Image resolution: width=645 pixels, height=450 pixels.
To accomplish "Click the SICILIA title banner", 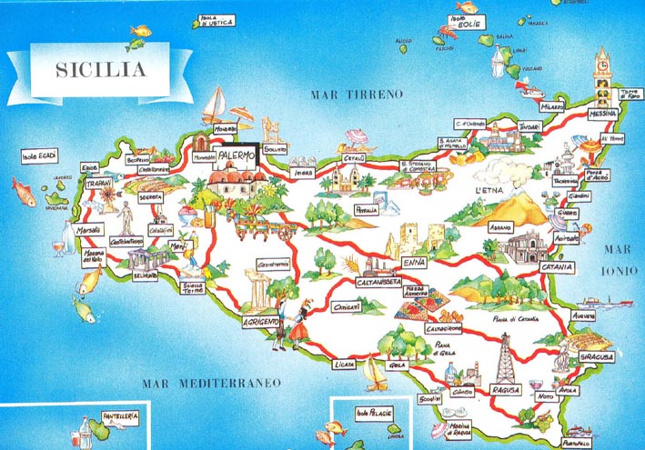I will click(101, 69).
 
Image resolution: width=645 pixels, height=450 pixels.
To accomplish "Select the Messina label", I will click(602, 114).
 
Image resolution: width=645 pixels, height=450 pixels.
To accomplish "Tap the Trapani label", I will click(96, 184).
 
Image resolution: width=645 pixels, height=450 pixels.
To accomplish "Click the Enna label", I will click(413, 263).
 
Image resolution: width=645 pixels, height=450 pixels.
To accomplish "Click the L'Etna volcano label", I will click(489, 190).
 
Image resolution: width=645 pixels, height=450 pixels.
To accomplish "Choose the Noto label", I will click(546, 397).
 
